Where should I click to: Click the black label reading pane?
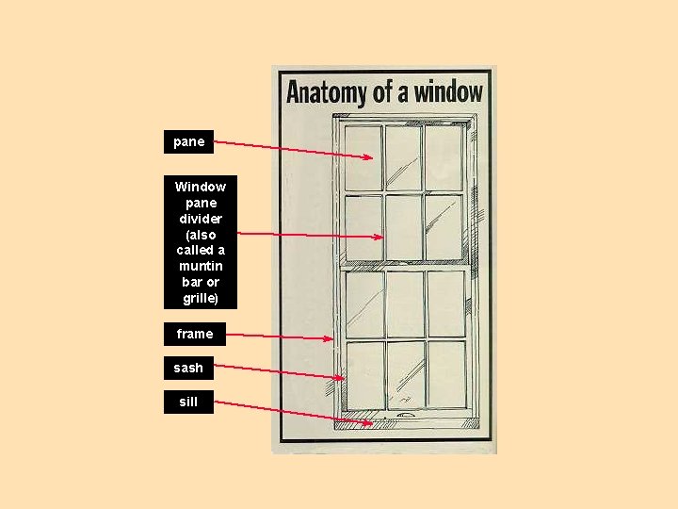188,142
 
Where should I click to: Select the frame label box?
194,334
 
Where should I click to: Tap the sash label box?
188,368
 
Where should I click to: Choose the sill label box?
188,402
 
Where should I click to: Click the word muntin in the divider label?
200,266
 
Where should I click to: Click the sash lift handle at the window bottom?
405,414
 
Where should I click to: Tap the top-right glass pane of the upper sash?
443,156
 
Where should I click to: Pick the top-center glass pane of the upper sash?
403,156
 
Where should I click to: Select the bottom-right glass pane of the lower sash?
445,373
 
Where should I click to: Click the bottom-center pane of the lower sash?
406,373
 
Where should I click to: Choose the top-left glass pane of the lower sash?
363,304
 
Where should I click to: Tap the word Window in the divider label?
200,187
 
